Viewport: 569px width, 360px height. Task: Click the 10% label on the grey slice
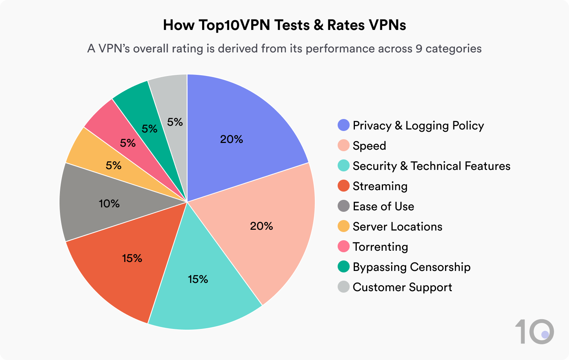[x=109, y=204]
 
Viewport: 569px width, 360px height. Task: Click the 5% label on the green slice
[x=149, y=129]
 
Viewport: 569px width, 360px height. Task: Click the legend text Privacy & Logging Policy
[x=418, y=125]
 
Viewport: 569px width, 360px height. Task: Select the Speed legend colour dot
[x=343, y=146]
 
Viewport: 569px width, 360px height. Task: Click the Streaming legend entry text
[x=380, y=186]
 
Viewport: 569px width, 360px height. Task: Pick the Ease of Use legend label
[x=383, y=206]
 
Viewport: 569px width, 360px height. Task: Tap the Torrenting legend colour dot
[x=343, y=247]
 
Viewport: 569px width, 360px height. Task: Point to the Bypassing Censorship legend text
[x=411, y=267]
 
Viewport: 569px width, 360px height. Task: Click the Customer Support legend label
[x=402, y=287]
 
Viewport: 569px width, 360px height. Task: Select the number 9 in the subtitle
[x=419, y=49]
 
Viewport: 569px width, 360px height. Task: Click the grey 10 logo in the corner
[x=534, y=332]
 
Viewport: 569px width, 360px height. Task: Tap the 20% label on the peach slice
[x=261, y=226]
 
